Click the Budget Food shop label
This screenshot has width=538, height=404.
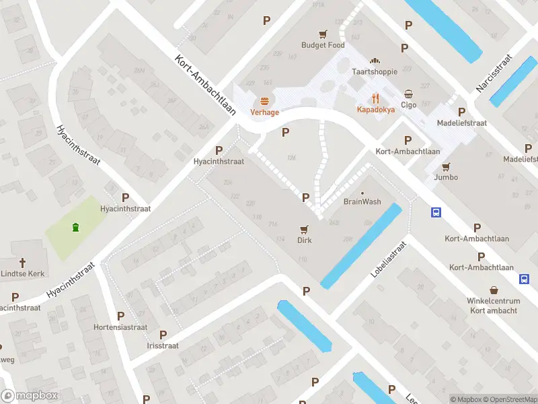tap(323, 45)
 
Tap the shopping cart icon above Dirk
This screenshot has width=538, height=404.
tap(305, 230)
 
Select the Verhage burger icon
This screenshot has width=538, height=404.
tap(265, 102)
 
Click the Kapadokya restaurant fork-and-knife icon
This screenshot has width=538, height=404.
tap(375, 98)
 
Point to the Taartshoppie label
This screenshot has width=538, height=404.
tap(375, 71)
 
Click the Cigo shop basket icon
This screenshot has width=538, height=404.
tap(409, 94)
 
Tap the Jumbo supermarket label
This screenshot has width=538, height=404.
tap(446, 177)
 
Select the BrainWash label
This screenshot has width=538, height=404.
tap(362, 202)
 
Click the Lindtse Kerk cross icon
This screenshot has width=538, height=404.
tap(22, 262)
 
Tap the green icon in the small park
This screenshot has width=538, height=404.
tap(75, 227)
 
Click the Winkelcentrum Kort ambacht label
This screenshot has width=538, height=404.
tap(494, 306)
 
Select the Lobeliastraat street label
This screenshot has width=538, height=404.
tap(389, 261)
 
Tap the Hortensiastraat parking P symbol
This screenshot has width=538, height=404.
tap(121, 315)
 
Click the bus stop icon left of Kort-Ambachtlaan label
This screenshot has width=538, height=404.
tap(436, 213)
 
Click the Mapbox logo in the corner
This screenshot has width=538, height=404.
tap(30, 396)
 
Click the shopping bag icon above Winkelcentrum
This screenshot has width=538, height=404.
tap(494, 290)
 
